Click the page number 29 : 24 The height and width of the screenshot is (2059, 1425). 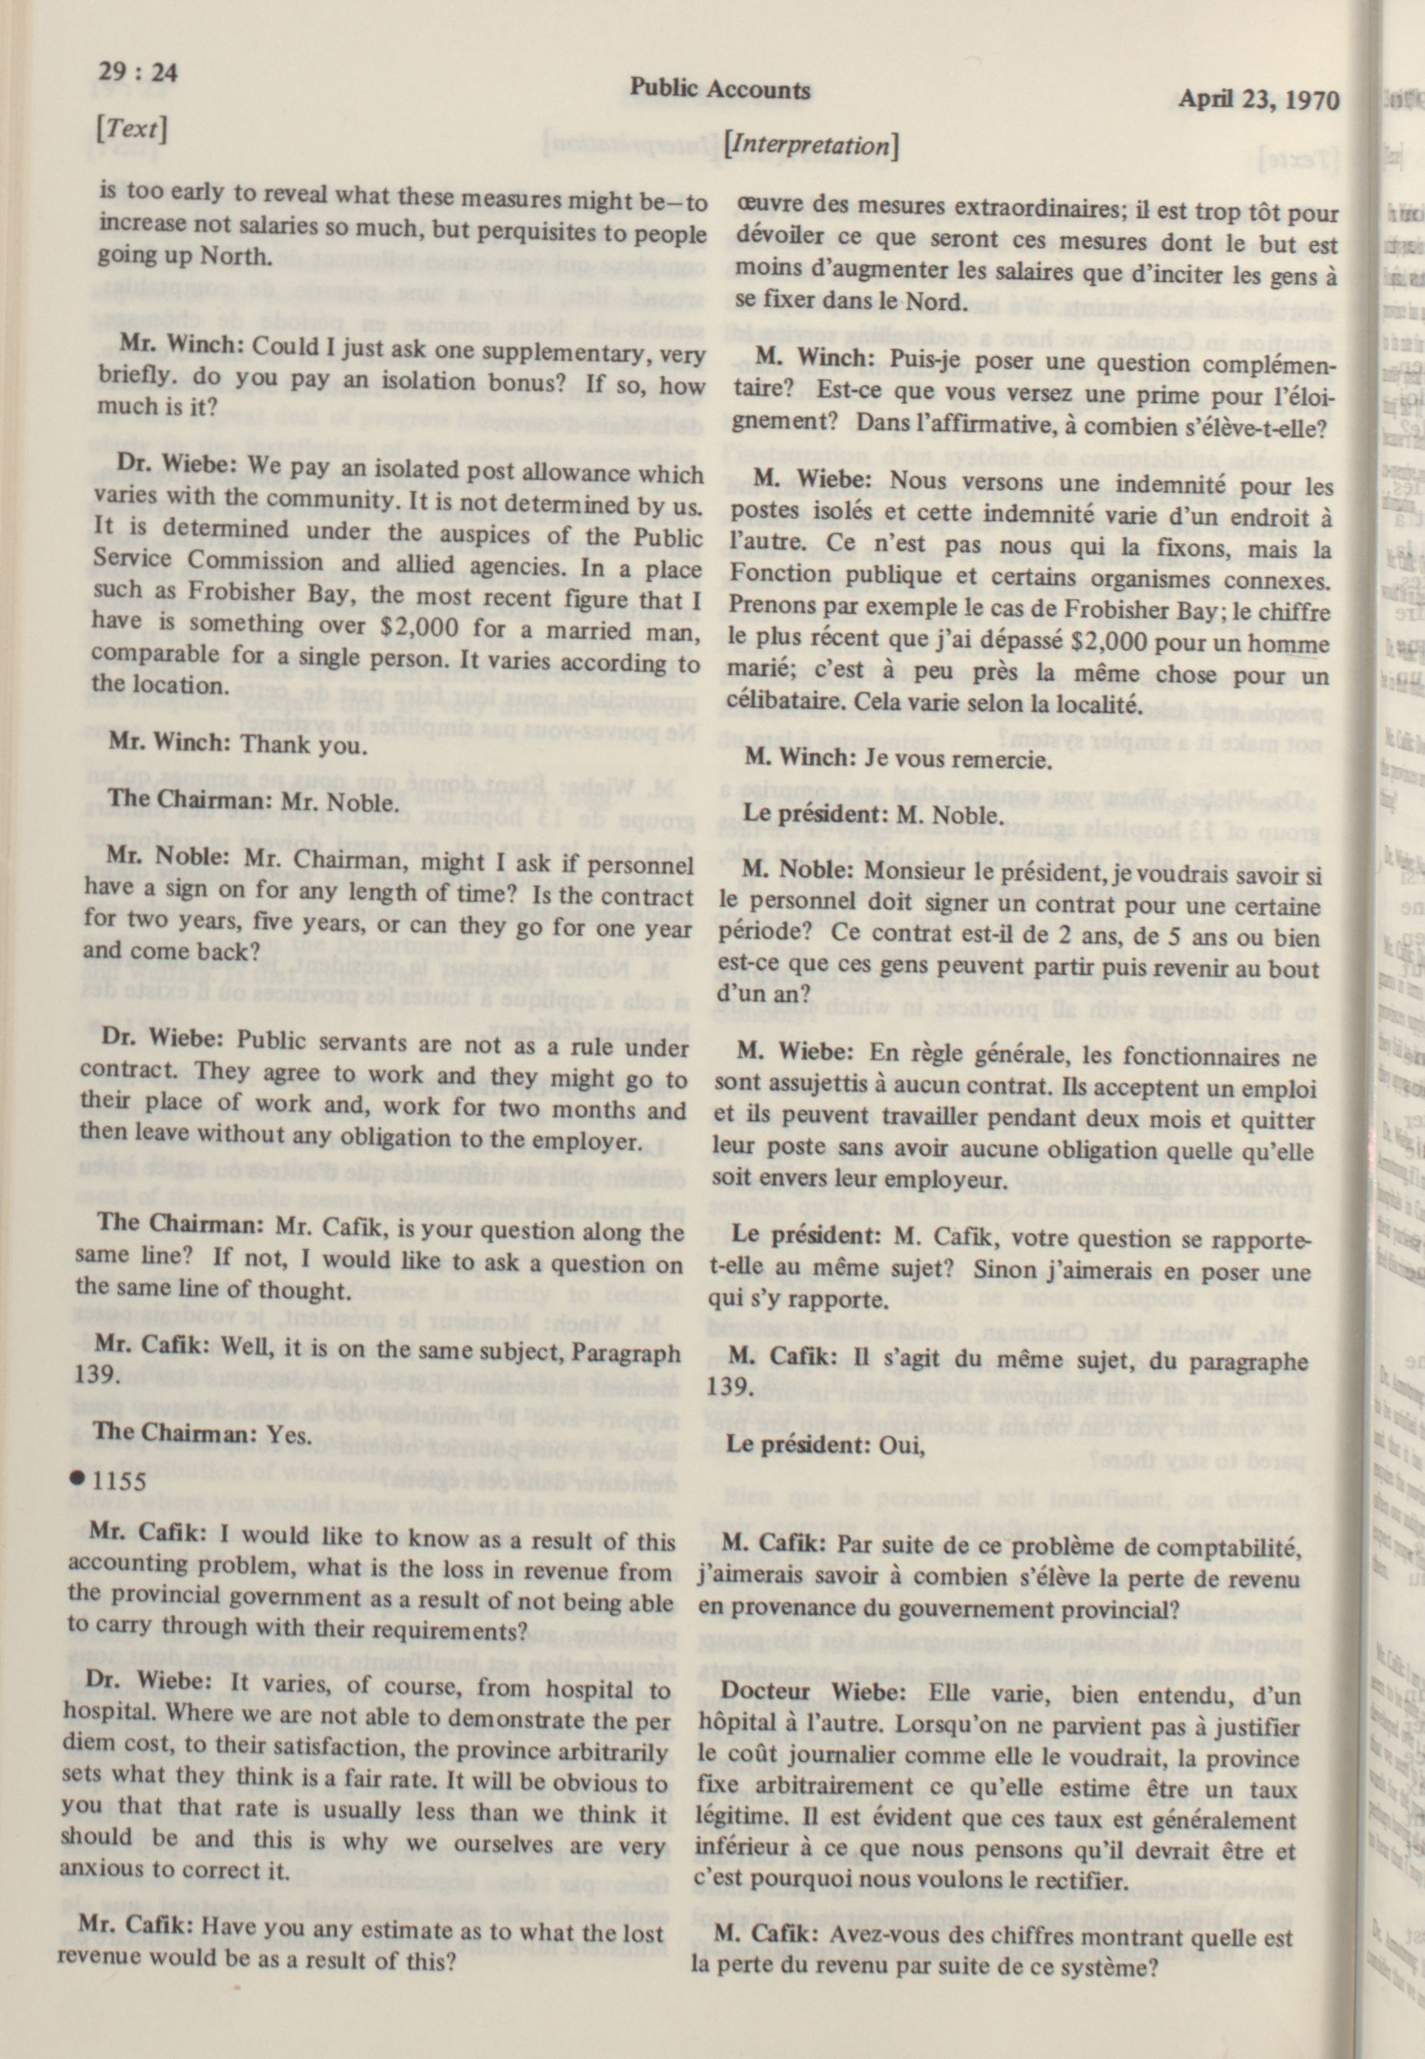click(138, 71)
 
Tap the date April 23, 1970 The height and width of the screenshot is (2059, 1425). click(1258, 98)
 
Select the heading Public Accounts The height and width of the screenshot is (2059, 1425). click(720, 88)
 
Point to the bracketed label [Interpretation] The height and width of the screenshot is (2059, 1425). click(812, 145)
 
